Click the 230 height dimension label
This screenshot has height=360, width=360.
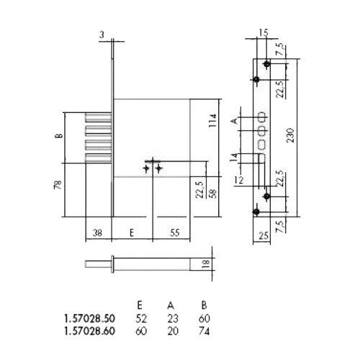pyautogui.click(x=290, y=135)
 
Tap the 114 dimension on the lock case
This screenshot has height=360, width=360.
pyautogui.click(x=213, y=120)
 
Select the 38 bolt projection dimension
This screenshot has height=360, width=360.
pyautogui.click(x=97, y=233)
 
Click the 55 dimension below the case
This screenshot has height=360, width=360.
pyautogui.click(x=175, y=233)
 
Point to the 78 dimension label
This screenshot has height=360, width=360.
pyautogui.click(x=58, y=185)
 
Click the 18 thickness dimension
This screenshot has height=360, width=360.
pyautogui.click(x=206, y=264)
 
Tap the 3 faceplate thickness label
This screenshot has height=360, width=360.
pyautogui.click(x=102, y=35)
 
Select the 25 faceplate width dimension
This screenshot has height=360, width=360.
pyautogui.click(x=264, y=235)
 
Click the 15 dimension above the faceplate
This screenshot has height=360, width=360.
pyautogui.click(x=264, y=32)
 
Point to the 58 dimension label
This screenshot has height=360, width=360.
pyautogui.click(x=213, y=194)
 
